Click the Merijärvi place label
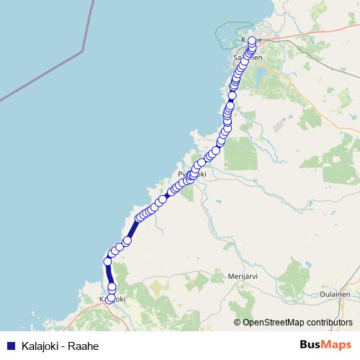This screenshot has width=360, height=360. [x=242, y=276]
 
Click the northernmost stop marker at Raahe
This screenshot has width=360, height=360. [x=251, y=41]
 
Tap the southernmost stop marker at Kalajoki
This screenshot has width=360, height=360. [x=110, y=299]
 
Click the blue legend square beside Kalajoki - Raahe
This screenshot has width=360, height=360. [x=10, y=346]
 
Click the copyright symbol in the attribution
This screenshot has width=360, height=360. [x=238, y=323]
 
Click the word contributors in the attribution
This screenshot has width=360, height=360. [x=330, y=323]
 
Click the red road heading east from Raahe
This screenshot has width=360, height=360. [x=302, y=35]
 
